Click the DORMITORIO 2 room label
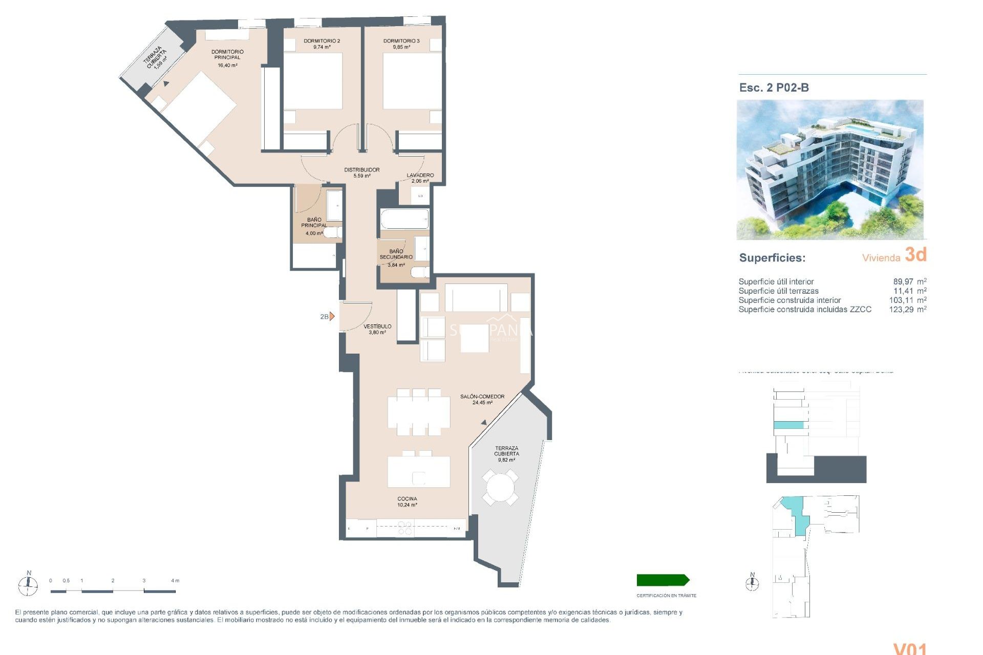click(322, 41)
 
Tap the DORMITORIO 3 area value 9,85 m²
click(401, 47)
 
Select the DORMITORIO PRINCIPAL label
click(227, 55)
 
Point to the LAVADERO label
click(420, 175)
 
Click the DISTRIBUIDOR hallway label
click(361, 170)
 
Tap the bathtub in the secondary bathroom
click(404, 219)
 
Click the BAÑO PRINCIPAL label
click(314, 223)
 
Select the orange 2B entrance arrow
click(332, 316)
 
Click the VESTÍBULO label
click(377, 326)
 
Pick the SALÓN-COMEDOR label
click(482, 397)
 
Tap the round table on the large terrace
click(500, 487)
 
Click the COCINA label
click(407, 499)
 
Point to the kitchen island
click(419, 472)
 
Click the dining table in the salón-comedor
click(419, 412)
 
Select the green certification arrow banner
click(663, 580)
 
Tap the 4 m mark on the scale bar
click(175, 581)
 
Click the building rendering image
click(830, 169)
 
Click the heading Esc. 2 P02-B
click(774, 88)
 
